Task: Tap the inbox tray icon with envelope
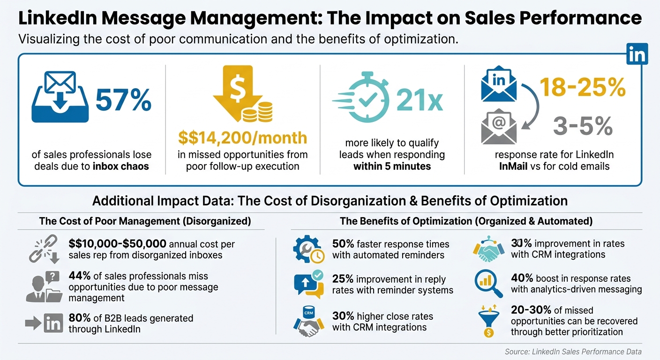coord(60,97)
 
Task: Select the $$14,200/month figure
coord(243,138)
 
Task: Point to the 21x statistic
coord(419,101)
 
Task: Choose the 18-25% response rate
coord(583,87)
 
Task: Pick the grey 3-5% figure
coord(583,126)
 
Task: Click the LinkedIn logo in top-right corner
coord(637,54)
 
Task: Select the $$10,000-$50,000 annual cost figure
coord(117,244)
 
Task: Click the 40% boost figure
coord(521,278)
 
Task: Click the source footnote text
coord(573,352)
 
